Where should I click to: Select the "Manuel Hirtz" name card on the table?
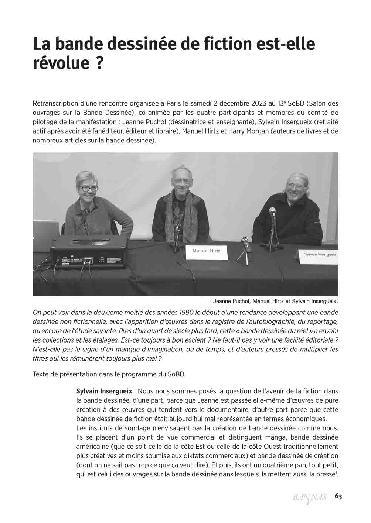coord(206,251)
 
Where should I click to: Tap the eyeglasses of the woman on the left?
coord(88,188)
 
